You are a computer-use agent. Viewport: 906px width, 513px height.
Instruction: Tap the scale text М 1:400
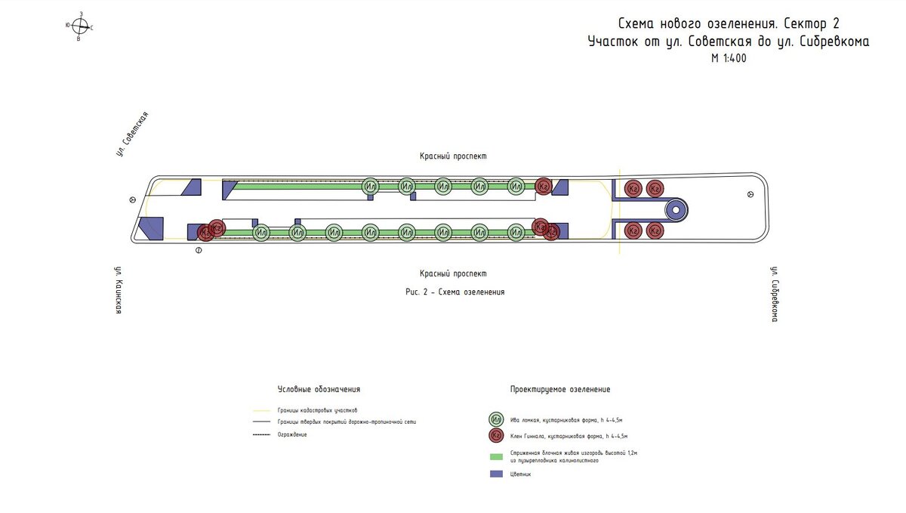(728, 59)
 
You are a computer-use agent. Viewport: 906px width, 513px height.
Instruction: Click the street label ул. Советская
(132, 134)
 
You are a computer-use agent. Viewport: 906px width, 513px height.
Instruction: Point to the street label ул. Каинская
(119, 289)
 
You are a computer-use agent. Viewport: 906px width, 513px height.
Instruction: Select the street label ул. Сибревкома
(774, 294)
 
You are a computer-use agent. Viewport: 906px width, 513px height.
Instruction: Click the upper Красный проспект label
(453, 156)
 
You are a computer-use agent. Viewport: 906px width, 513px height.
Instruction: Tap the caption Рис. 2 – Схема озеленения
(455, 292)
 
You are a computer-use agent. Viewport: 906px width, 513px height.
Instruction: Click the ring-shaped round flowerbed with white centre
(676, 210)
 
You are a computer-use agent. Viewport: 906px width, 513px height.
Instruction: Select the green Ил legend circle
(496, 419)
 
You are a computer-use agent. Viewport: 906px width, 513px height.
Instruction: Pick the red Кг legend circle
(496, 436)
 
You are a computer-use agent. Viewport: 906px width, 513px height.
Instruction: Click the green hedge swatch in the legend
(496, 456)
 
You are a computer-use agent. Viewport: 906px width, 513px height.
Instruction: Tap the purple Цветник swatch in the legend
(496, 474)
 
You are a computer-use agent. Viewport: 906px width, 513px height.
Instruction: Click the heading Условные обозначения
(319, 390)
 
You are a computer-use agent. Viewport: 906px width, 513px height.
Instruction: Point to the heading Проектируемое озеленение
(559, 390)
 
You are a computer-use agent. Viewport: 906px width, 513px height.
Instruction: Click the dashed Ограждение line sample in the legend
(262, 434)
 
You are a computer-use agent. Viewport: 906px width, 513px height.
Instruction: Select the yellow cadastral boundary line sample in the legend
(262, 410)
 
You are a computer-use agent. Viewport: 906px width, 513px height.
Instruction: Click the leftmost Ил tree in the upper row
(370, 186)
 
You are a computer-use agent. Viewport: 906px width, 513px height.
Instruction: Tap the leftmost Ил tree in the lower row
(261, 233)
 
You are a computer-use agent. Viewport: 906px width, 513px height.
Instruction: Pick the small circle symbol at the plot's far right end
(750, 194)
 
